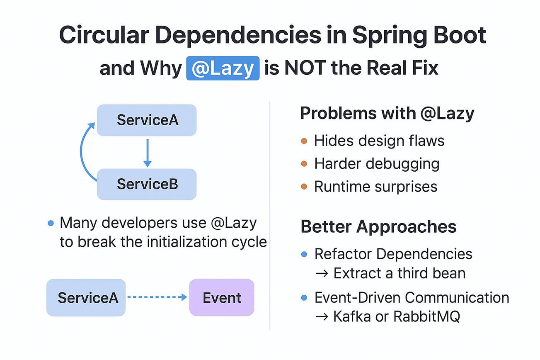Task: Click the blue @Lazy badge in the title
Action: pyautogui.click(x=223, y=68)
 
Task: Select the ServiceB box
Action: pyautogui.click(x=147, y=184)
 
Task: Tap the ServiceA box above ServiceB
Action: pyautogui.click(x=147, y=120)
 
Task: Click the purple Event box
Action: pyautogui.click(x=222, y=297)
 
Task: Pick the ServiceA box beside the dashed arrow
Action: pyautogui.click(x=86, y=298)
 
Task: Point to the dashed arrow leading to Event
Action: pyautogui.click(x=157, y=297)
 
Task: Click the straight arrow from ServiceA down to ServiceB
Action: pyautogui.click(x=148, y=153)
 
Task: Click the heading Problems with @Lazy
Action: pyautogui.click(x=387, y=113)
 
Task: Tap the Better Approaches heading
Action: pyautogui.click(x=378, y=226)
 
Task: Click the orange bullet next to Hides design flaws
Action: pyautogui.click(x=304, y=141)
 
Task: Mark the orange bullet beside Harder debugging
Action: pyautogui.click(x=304, y=164)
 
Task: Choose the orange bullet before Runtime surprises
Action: pyautogui.click(x=304, y=187)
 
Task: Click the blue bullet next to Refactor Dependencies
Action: pyautogui.click(x=304, y=254)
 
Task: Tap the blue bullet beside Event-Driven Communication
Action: pyautogui.click(x=304, y=298)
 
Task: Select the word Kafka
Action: pyautogui.click(x=352, y=316)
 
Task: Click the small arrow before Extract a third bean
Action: pyautogui.click(x=322, y=274)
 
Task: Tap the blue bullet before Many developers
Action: pyautogui.click(x=51, y=223)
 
